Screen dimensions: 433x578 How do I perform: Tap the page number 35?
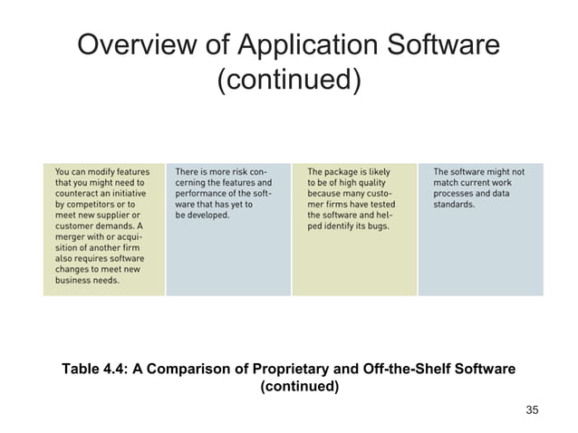click(532, 410)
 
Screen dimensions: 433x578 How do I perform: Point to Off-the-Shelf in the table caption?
click(428, 369)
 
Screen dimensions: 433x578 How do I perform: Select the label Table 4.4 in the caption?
click(93, 369)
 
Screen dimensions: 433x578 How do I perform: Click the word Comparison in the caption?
click(231, 369)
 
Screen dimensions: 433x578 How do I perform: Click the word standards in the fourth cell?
click(455, 205)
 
